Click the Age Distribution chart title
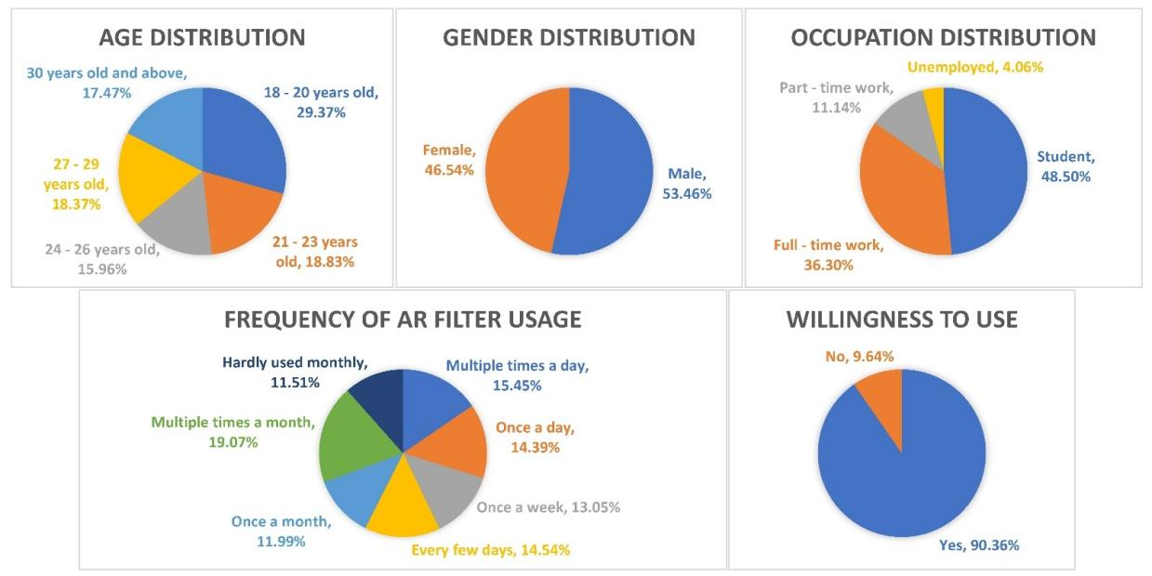point(202,38)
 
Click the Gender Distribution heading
point(569,38)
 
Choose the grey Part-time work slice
point(903,121)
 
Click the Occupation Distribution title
point(943,38)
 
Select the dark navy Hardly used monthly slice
point(381,393)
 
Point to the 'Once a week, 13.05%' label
point(548,507)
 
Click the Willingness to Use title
point(901,321)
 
